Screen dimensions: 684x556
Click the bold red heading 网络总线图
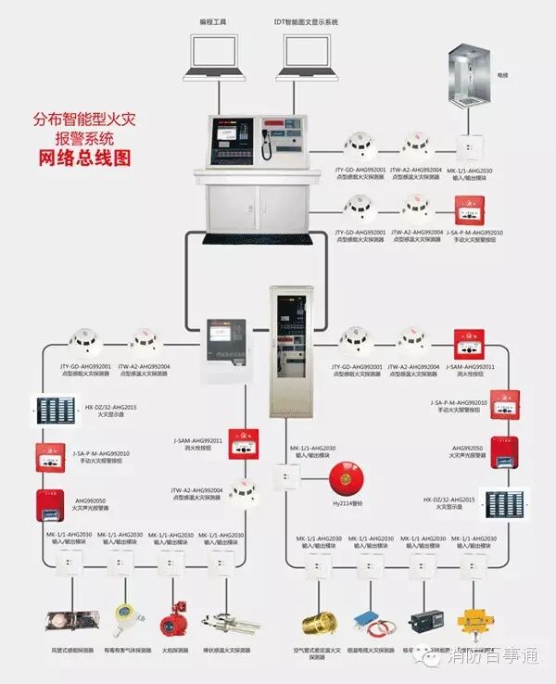click(x=83, y=158)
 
